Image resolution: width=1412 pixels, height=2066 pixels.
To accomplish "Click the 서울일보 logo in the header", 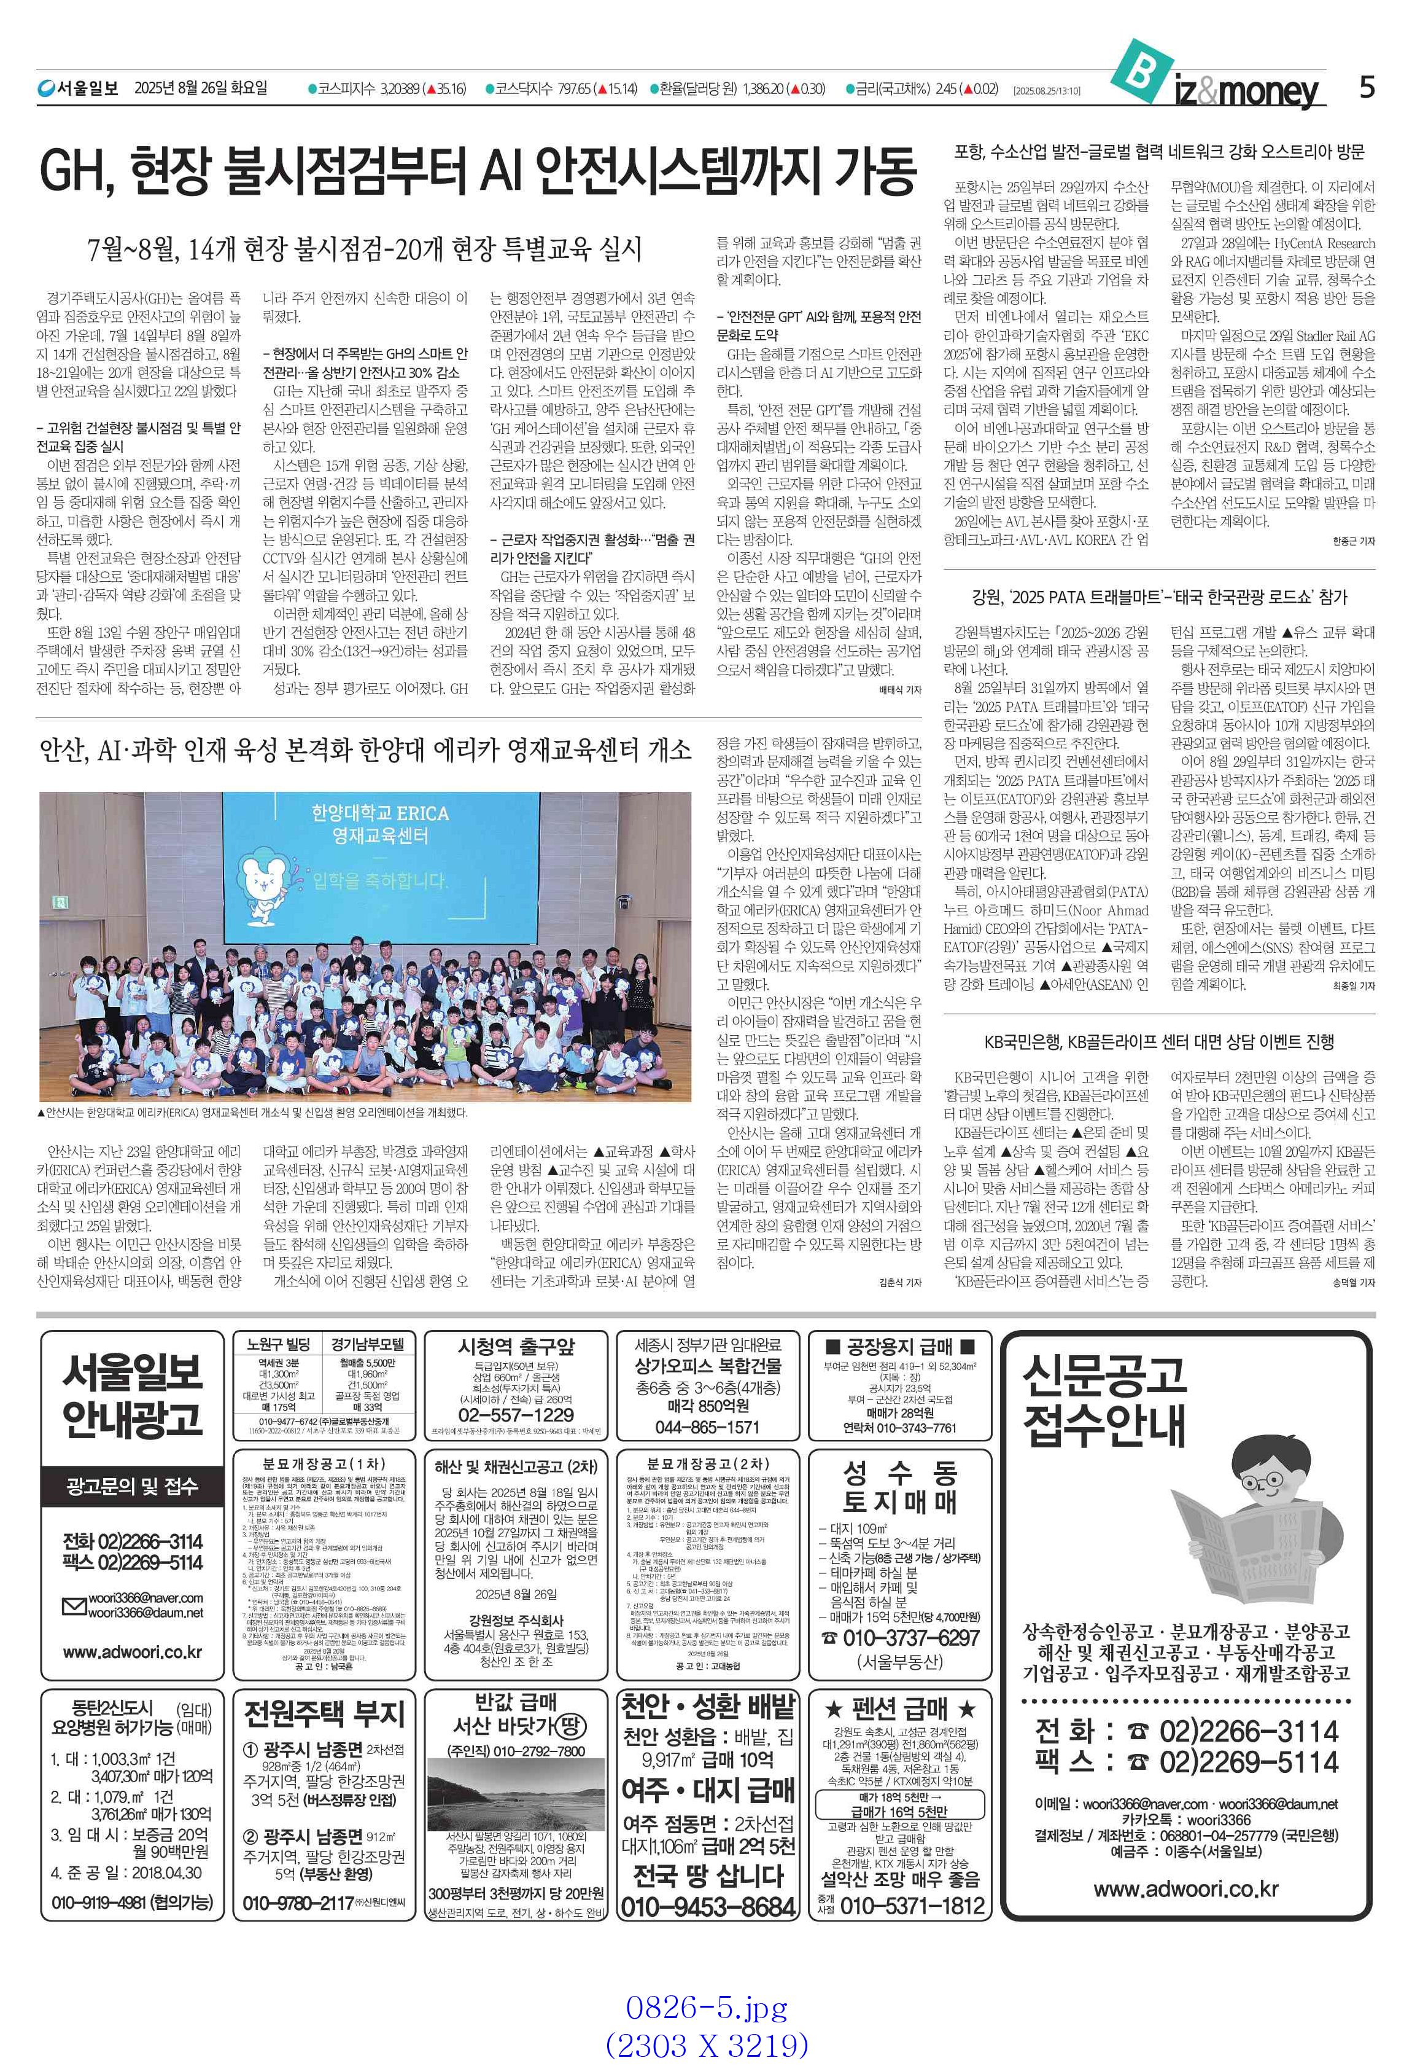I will click(77, 88).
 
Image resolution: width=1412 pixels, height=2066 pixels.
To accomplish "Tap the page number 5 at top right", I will click(1366, 87).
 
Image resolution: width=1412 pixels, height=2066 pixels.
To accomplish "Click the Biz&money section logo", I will click(1217, 80).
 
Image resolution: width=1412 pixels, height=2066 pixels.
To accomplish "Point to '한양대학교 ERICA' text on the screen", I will click(379, 813).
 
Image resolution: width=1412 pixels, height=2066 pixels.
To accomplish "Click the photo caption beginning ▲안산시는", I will click(252, 1112).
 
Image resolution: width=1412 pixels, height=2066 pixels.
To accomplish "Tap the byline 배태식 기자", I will click(899, 689).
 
